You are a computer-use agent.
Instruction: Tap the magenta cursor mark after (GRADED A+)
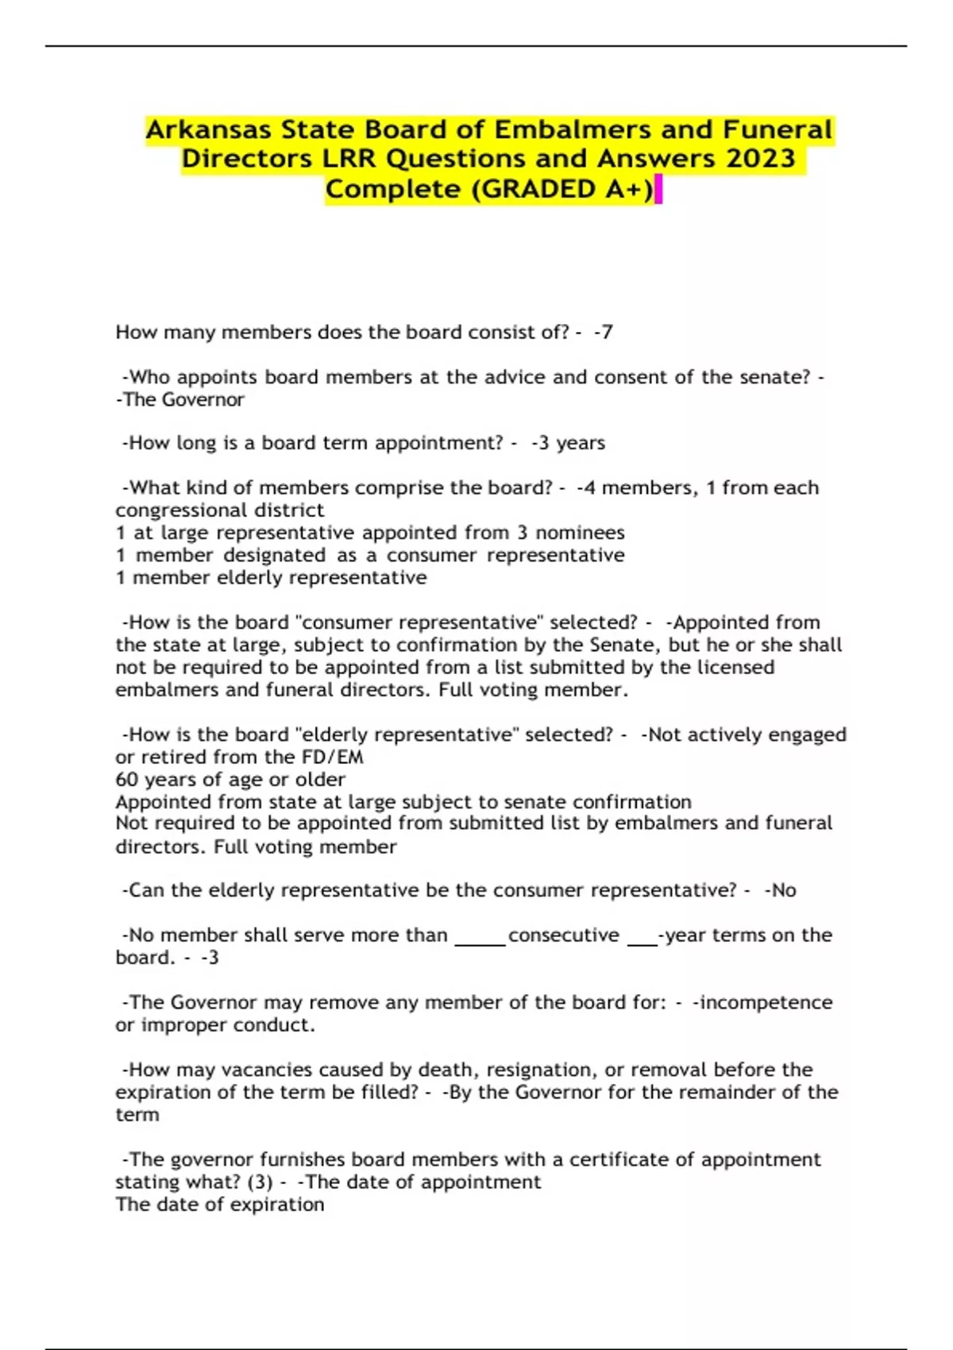point(658,191)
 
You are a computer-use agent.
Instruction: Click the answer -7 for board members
point(604,332)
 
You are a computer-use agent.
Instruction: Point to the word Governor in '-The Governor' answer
point(203,399)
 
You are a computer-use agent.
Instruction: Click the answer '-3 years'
point(569,443)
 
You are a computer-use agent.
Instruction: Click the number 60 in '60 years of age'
point(127,780)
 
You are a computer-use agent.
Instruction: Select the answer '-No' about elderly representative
point(781,890)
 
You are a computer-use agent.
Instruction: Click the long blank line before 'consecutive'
point(480,943)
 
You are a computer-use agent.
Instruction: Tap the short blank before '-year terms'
point(642,943)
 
